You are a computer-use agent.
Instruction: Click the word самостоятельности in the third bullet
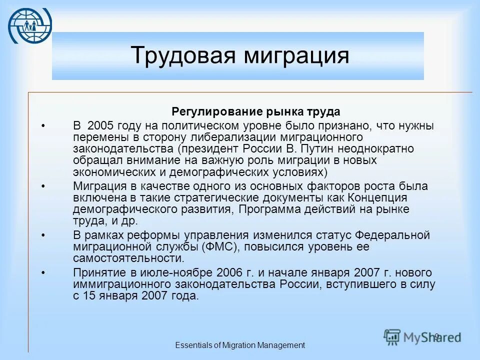[128, 258]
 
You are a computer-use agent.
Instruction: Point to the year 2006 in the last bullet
[231, 272]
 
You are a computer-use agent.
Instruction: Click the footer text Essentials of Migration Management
[240, 345]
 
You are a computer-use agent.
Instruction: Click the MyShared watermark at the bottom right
[422, 336]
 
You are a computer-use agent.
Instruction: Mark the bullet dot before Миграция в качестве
[43, 186]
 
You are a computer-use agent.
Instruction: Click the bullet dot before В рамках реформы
[43, 235]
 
